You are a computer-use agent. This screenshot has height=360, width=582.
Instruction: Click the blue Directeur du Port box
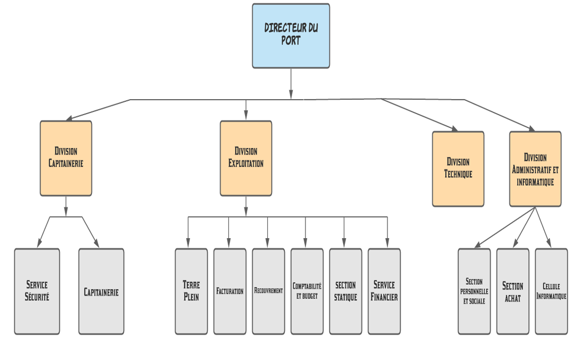(x=291, y=36)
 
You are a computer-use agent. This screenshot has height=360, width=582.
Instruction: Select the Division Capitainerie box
(x=66, y=158)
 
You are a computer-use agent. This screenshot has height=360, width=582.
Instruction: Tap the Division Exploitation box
(x=246, y=158)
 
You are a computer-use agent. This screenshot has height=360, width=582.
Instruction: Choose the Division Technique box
(x=458, y=169)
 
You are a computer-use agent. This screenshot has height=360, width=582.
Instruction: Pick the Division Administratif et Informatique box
(x=535, y=169)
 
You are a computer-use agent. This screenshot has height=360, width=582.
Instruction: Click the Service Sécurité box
(x=37, y=291)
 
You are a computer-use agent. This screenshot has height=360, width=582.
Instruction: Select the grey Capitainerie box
(x=101, y=291)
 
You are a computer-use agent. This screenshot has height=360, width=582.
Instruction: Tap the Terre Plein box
(x=192, y=291)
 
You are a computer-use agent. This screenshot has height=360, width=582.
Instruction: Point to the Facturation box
(x=230, y=291)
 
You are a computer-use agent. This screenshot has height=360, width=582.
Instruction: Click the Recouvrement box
(x=269, y=291)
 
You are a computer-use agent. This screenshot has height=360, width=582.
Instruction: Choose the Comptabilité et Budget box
(x=307, y=291)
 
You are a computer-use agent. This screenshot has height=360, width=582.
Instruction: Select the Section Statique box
(x=345, y=291)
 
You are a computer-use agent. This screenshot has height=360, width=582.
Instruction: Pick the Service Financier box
(x=384, y=291)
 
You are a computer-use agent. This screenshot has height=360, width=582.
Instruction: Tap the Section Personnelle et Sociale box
(x=474, y=291)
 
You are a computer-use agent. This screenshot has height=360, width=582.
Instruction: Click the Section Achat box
(x=513, y=291)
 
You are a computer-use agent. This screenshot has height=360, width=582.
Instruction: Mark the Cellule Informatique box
(x=552, y=291)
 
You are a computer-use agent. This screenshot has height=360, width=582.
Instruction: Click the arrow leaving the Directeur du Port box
(x=291, y=84)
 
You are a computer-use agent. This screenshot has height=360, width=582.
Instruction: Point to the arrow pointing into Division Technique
(x=418, y=115)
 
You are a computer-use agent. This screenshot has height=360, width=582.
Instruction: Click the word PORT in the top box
(x=290, y=40)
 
